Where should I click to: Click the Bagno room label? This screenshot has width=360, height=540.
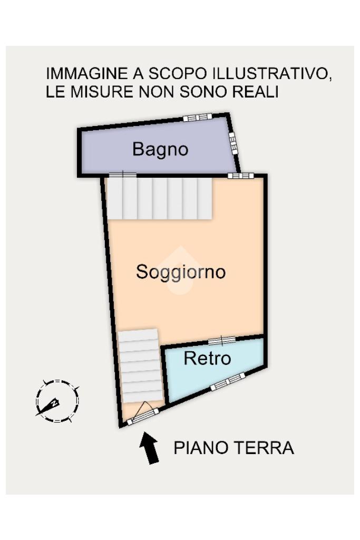tap(160, 149)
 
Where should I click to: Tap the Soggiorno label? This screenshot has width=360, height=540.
tap(180, 272)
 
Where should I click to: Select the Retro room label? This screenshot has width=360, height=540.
tap(207, 359)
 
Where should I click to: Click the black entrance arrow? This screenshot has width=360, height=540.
tap(150, 448)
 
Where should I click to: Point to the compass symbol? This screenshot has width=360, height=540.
tap(56, 401)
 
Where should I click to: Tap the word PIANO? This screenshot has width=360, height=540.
tap(199, 448)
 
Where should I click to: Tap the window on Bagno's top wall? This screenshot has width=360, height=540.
tap(197, 117)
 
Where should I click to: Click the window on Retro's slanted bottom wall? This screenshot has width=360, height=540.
tap(228, 382)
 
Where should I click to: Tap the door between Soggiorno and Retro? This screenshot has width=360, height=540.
tap(221, 340)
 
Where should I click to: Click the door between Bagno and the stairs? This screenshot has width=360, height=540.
tap(122, 175)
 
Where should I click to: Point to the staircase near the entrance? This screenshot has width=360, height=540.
tap(140, 367)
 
